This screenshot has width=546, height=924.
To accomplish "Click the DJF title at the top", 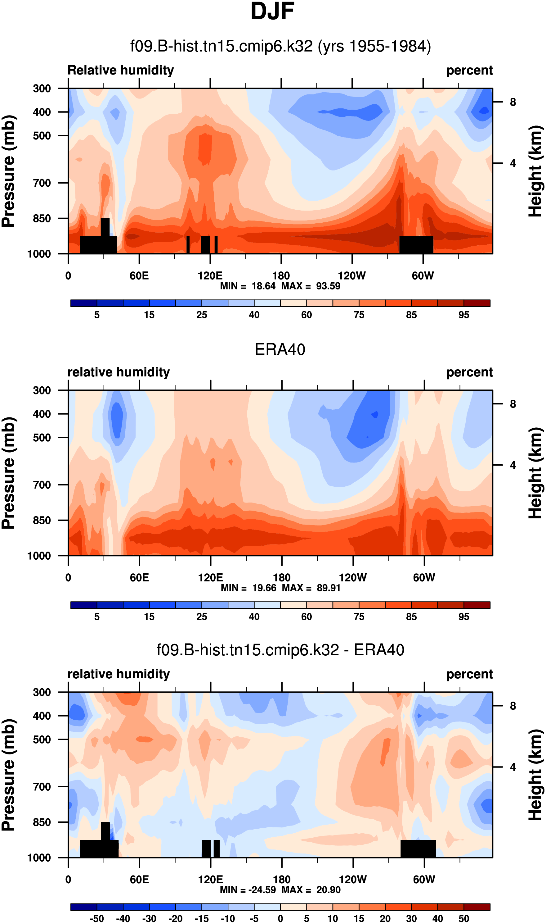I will coord(272,12).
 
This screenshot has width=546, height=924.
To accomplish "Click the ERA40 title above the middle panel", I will coord(280,349).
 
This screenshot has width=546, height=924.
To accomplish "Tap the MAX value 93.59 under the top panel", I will coord(328,286).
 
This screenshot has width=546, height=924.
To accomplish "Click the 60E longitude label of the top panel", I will coord(139,275).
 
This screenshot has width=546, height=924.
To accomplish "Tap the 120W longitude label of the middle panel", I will coord(352,577).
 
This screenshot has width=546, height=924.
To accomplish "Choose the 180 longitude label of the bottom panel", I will coord(281,880).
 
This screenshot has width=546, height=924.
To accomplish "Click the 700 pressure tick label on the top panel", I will coord(42,183).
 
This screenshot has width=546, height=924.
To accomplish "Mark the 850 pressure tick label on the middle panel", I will coord(42,520).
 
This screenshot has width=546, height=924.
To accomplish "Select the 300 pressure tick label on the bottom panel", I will coord(42,692).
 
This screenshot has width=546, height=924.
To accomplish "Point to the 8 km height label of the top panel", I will coord(513,102).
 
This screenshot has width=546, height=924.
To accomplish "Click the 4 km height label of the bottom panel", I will coord(513,767).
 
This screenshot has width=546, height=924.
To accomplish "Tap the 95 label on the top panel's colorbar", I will coord(463,315).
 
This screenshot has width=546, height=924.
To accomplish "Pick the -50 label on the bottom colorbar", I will coord(96,919).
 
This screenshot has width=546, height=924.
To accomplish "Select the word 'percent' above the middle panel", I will coord(469,372).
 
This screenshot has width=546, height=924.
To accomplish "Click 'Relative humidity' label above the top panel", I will coord(121,70).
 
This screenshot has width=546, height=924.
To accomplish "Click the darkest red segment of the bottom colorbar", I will coord(477,907).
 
